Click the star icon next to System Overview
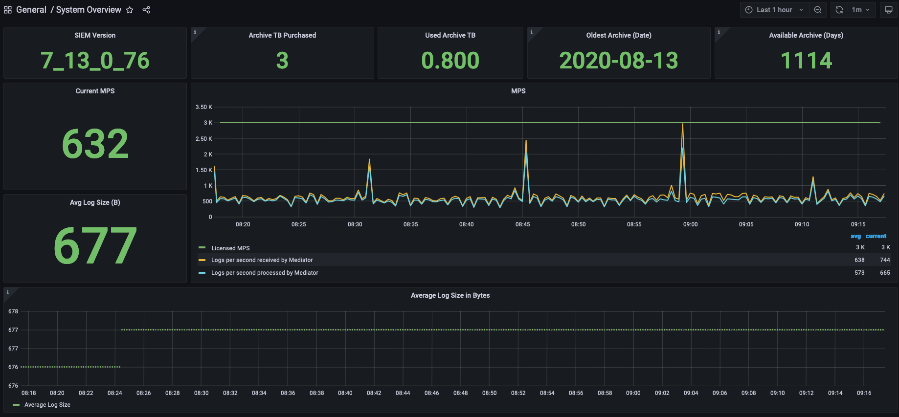point(130,10)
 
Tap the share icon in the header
point(146,10)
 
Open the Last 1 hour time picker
point(774,10)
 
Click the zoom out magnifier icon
point(818,10)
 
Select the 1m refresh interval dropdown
point(860,10)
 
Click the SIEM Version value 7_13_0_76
point(95,61)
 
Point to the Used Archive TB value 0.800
point(450,61)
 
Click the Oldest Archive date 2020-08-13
point(618,61)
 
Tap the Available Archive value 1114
point(806,61)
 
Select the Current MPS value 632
point(95,144)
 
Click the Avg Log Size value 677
point(95,245)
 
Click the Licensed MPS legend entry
point(230,248)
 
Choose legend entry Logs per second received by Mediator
point(262,260)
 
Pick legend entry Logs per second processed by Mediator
point(265,273)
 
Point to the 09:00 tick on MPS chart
point(690,224)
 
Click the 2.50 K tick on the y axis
point(204,139)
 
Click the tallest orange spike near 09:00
point(682,125)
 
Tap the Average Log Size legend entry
point(47,405)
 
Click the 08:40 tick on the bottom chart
point(345,393)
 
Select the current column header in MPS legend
point(876,236)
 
